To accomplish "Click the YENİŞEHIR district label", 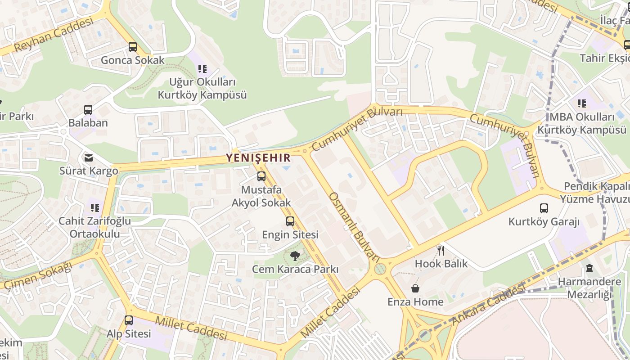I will (258, 158).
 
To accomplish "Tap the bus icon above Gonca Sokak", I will (133, 46).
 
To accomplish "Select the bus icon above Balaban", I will (88, 109).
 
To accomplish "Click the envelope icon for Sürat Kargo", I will (89, 157).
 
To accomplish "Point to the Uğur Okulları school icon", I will (202, 69).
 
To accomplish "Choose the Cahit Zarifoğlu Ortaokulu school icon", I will (94, 207).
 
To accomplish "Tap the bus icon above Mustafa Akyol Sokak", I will (261, 176).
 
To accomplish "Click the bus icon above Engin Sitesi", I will (290, 221).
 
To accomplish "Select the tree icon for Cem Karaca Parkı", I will (295, 256).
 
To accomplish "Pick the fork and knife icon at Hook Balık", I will (441, 250).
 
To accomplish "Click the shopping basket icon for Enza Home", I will (415, 288).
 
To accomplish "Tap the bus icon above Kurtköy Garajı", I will (544, 208).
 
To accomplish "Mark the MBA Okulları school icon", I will (582, 103).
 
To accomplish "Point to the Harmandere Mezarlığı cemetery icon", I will (589, 268).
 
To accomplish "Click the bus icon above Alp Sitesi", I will (129, 320).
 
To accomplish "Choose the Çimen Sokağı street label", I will (38, 276).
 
